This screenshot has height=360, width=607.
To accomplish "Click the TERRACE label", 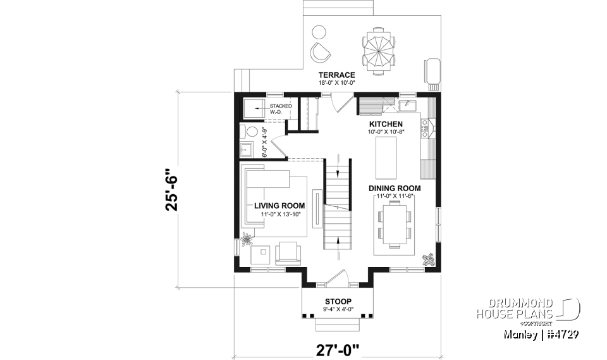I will point(336,75).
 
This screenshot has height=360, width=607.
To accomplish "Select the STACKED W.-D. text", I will point(281,109).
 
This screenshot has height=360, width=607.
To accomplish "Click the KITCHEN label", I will point(386,124).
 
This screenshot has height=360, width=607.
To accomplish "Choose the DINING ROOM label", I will point(395,188).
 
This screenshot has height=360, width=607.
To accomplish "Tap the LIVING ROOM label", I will point(279,206).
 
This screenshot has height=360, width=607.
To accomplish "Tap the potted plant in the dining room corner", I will point(429,260).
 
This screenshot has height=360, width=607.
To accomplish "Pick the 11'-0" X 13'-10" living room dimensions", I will point(279,214).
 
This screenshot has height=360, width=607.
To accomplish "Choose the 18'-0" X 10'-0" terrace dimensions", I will point(336,83).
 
